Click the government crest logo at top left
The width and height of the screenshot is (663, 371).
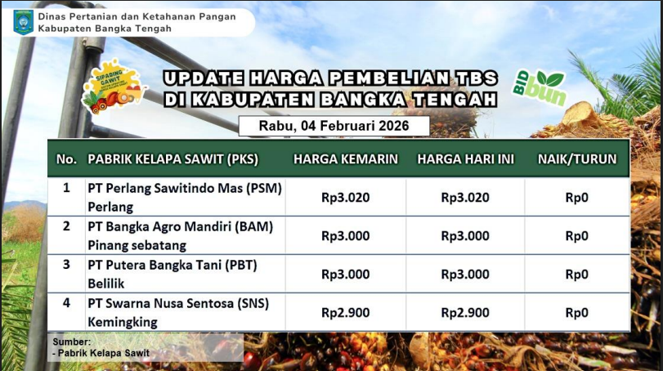23,22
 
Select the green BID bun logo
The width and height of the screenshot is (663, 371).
539,87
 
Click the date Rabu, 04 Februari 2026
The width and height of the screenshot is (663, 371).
334,126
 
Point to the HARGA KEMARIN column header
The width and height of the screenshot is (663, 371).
346,159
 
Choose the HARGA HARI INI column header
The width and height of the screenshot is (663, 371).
465,159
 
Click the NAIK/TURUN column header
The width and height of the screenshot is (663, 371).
577,159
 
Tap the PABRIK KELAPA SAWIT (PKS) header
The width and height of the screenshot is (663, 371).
173,159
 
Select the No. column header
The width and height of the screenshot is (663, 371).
66,159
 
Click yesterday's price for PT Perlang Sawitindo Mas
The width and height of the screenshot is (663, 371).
346,197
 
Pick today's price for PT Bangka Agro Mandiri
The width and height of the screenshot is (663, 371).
465,236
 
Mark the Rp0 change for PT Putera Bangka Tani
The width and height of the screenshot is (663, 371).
576,275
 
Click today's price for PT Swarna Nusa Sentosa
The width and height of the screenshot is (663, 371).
465,313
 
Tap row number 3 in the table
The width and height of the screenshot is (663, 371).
66,265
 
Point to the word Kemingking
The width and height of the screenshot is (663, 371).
123,323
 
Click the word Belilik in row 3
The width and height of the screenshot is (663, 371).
106,284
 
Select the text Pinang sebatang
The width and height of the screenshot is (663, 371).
137,245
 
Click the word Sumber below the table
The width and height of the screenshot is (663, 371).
71,342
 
